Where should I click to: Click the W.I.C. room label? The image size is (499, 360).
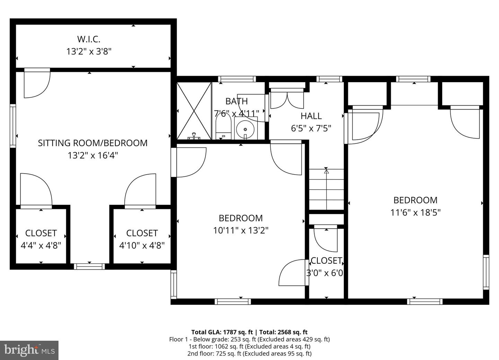click(89, 38)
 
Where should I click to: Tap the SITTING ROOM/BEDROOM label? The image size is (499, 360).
click(93, 143)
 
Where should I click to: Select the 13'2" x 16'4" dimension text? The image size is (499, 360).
click(93, 155)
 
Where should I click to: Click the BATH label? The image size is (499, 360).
click(236, 101)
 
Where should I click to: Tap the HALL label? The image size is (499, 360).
click(311, 116)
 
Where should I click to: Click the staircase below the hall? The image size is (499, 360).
click(326, 190)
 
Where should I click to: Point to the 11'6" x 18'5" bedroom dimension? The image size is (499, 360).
click(415, 212)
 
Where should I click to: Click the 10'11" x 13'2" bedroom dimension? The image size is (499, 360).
click(241, 230)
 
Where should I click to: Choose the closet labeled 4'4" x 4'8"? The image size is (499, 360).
click(41, 239)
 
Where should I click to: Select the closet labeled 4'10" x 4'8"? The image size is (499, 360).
click(142, 239)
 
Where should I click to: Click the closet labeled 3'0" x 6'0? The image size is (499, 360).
click(326, 266)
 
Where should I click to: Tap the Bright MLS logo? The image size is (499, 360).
click(29, 350)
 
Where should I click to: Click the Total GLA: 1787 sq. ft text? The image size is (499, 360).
click(222, 332)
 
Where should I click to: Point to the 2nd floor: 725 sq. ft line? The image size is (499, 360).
click(249, 354)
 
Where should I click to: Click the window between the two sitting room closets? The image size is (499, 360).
click(89, 266)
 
